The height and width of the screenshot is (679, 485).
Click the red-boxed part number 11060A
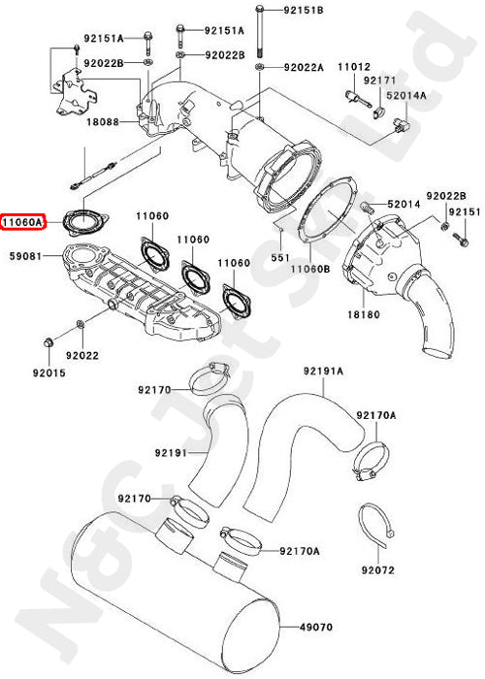[x=22, y=222]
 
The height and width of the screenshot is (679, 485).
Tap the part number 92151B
[x=304, y=10]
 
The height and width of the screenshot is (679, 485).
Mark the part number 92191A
[x=324, y=371]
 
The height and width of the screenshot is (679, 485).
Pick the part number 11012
[x=354, y=66]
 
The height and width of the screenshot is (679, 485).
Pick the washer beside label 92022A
[x=261, y=68]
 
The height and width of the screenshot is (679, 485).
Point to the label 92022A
[x=303, y=68]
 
